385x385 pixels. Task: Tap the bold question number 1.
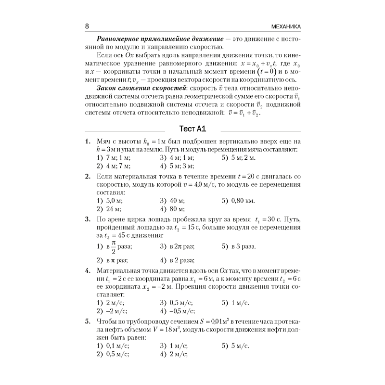click(x=87, y=142)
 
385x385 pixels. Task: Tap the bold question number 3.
click(x=87, y=219)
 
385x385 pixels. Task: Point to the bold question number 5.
click(x=87, y=321)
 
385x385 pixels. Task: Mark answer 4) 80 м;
click(x=172, y=209)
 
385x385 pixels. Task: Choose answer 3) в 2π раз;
click(x=177, y=246)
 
